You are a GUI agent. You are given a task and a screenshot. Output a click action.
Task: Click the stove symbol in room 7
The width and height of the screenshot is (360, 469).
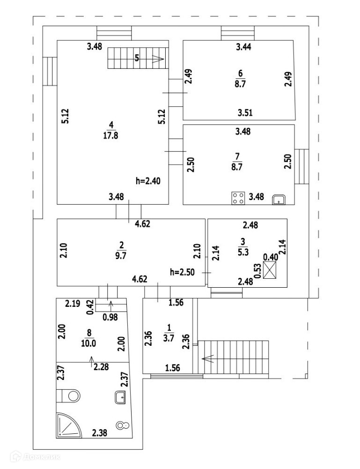point(238,198)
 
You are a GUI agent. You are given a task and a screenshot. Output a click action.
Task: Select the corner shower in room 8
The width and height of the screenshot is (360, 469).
point(69,425)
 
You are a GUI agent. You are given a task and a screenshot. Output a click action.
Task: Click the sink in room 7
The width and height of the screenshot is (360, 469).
point(279,200)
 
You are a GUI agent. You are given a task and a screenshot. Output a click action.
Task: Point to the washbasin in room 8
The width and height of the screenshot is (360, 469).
point(120,397)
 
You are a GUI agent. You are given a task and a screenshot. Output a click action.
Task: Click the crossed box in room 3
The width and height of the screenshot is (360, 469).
point(270,270)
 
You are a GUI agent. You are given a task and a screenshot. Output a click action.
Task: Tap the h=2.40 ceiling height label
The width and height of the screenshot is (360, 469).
point(148,181)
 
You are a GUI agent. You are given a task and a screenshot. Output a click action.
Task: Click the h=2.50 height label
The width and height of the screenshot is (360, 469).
point(182,272)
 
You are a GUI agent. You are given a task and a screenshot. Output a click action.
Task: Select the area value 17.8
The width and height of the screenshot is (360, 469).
point(110,136)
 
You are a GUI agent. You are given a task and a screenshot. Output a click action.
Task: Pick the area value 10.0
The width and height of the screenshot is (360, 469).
point(88,343)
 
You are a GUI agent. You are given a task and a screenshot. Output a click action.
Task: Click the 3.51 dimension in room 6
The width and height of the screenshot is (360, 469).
point(245,113)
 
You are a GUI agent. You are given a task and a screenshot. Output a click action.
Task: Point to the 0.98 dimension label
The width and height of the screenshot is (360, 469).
point(110,317)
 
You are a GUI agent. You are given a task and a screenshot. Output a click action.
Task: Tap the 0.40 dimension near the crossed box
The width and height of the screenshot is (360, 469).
point(271,257)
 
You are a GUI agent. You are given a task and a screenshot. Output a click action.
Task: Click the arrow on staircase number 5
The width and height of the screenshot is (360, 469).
point(158,59)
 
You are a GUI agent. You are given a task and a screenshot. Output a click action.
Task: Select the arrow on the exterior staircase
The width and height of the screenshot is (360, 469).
point(208,358)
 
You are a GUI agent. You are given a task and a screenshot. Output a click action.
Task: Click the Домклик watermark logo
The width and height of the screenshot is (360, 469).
point(35,457)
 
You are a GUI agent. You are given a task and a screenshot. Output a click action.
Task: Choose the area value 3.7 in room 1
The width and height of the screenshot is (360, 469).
point(169,338)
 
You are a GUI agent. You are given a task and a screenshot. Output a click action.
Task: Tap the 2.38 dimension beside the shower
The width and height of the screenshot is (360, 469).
point(100,432)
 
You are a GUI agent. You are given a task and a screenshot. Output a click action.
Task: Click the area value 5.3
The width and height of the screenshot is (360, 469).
point(243,252)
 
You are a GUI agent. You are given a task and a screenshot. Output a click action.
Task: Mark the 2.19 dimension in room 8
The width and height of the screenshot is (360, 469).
point(73,304)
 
